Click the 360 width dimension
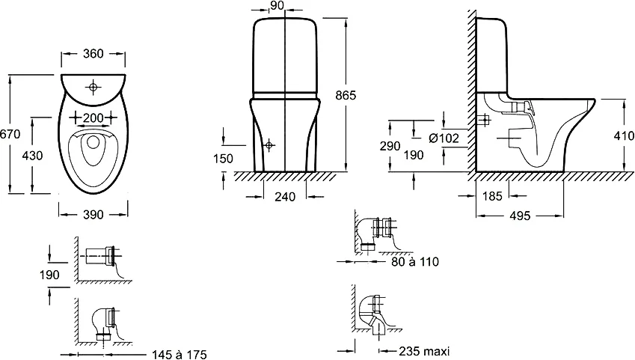(92, 53)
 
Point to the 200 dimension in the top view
(93, 119)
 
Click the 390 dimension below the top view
(93, 215)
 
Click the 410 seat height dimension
(622, 137)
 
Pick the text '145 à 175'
(179, 353)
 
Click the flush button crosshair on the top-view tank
(93, 88)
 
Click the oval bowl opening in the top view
(93, 150)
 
